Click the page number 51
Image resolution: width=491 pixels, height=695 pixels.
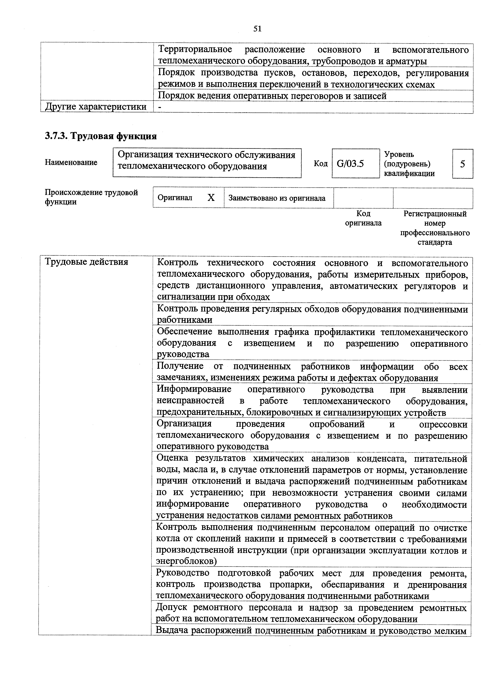point(257,29)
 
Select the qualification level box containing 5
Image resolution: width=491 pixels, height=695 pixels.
point(462,164)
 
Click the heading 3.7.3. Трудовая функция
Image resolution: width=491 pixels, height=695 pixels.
point(101,136)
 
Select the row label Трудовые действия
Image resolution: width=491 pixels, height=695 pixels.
point(87,262)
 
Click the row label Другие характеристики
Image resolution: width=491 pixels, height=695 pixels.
point(96,107)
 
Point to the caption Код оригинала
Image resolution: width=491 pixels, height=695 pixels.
point(363,218)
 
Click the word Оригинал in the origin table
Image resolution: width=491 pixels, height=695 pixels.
point(175,198)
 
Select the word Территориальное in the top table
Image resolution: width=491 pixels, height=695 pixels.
point(195,49)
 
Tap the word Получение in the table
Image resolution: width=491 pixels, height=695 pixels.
point(180,366)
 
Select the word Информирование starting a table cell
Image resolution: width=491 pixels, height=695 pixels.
point(194,389)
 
